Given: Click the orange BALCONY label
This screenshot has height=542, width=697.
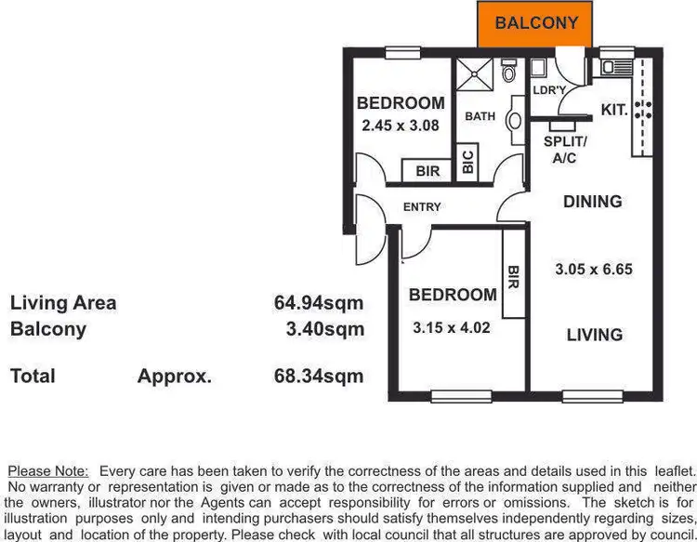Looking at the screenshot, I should click(536, 23).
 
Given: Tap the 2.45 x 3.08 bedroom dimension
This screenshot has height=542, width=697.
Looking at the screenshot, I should click(401, 124).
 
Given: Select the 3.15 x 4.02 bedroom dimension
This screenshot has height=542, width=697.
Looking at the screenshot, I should click(452, 327).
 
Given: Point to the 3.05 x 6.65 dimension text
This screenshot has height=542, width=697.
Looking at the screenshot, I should click(594, 270).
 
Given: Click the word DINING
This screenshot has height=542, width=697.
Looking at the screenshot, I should click(593, 202).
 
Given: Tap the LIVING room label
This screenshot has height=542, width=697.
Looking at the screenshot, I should click(595, 335).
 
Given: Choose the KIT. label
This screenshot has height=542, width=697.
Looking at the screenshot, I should click(614, 110).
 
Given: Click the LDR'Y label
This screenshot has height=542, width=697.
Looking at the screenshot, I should click(550, 90).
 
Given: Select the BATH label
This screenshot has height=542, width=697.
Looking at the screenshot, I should click(480, 116).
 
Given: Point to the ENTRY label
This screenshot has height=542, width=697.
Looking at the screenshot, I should click(422, 206).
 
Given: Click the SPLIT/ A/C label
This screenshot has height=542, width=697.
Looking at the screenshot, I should click(565, 150).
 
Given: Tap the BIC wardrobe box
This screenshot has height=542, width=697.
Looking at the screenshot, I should click(467, 162).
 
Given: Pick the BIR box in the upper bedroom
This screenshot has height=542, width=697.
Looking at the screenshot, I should click(427, 171).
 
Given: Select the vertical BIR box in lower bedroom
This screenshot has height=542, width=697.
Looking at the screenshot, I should click(513, 273).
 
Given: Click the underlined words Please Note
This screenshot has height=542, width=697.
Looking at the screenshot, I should click(47, 471).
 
